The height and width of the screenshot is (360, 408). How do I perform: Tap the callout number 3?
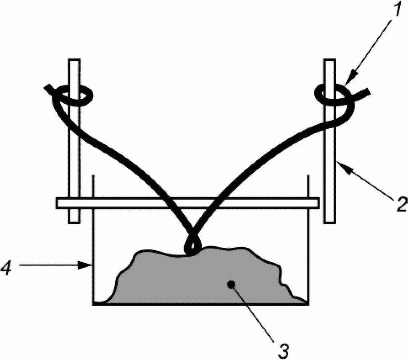285,348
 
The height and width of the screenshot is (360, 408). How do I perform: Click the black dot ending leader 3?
230,285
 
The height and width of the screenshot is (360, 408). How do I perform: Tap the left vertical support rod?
74,168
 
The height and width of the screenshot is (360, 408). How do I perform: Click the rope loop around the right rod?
332,95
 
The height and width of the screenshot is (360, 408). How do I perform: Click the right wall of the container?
308,252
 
